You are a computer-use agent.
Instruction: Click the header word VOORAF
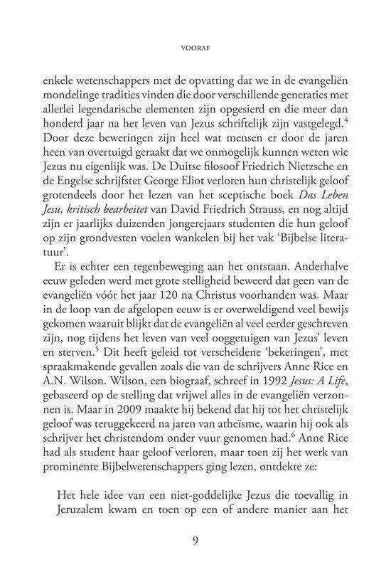click(x=195, y=51)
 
